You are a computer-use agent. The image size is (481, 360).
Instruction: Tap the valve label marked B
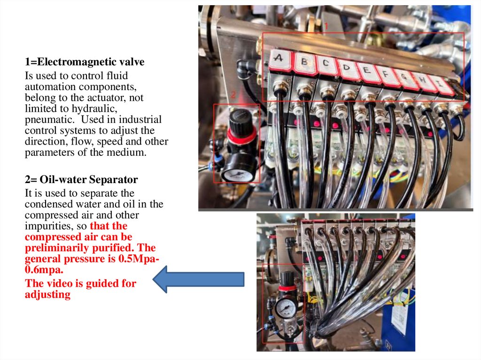point(304,62)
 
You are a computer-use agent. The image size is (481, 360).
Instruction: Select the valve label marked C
point(326,64)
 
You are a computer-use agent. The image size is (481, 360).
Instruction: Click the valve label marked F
point(386,75)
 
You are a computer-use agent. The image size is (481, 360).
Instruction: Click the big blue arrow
point(199,279)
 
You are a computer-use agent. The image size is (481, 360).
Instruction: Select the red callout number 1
point(326,26)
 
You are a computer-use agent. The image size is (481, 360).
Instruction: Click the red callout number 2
point(233,95)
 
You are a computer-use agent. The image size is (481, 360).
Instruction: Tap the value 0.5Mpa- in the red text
point(139,259)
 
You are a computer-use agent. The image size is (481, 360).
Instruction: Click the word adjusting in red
point(47,295)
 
